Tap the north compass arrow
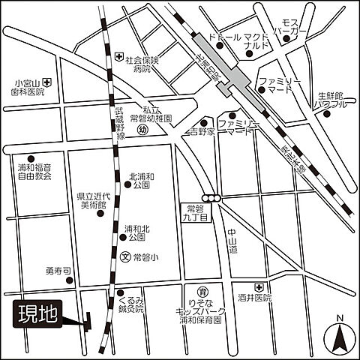(340, 334)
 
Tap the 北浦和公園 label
(142, 178)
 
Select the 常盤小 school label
(145, 256)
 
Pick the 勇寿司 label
(57, 271)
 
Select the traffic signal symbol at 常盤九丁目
(215, 198)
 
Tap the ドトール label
(225, 36)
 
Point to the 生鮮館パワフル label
(331, 100)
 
